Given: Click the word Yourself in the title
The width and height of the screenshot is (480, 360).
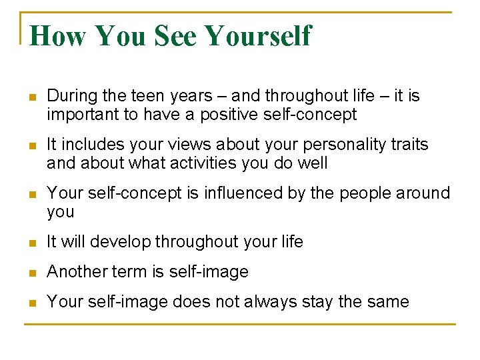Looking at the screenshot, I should point(258,35).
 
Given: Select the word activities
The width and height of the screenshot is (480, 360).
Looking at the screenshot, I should point(195,163).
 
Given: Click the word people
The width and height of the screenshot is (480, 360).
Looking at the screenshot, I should point(365,193).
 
